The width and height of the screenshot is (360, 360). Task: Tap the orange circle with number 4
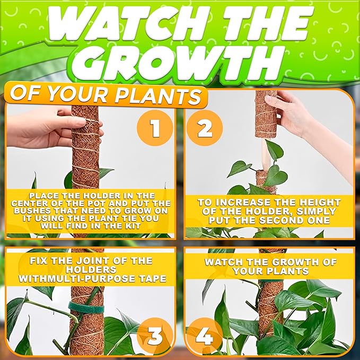205,335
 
